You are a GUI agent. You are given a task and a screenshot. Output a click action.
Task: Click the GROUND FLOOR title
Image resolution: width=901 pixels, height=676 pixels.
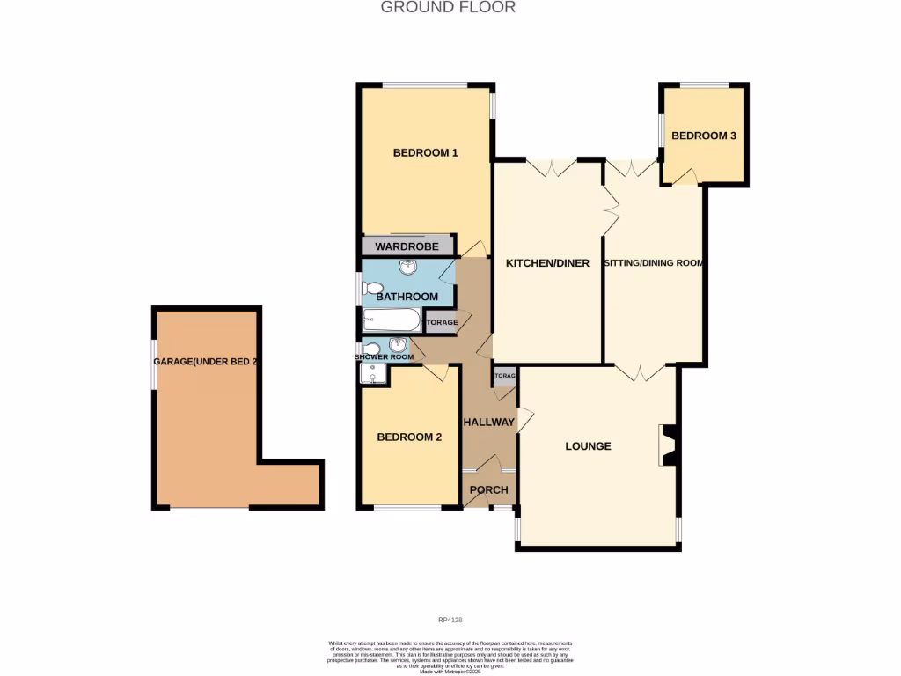[x=448, y=8]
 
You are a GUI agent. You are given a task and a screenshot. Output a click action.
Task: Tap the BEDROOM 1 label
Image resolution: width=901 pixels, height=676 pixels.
[x=425, y=152]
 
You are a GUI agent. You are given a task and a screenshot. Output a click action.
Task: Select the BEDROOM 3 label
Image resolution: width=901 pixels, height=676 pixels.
[x=703, y=136]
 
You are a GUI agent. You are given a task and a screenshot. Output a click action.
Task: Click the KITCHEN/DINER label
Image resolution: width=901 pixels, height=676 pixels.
[x=547, y=263]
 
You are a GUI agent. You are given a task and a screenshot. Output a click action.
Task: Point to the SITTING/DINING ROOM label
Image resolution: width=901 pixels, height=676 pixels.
[x=655, y=263]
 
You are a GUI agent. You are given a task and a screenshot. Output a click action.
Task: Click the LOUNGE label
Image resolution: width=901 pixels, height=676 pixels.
[x=588, y=446]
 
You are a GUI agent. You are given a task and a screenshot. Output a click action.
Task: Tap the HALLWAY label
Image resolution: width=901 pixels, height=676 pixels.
[x=488, y=422]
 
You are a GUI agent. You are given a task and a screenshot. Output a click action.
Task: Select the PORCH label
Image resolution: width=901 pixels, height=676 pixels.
[x=488, y=490]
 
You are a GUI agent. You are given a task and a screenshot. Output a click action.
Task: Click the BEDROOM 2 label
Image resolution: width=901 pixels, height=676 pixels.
[x=409, y=437]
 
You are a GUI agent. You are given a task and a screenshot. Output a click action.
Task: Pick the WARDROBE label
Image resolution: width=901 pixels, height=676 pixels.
[x=407, y=246]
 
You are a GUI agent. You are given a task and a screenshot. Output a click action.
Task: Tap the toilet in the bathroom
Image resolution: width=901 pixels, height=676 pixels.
[x=372, y=289]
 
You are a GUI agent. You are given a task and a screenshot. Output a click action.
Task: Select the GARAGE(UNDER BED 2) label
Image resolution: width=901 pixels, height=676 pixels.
[x=205, y=362]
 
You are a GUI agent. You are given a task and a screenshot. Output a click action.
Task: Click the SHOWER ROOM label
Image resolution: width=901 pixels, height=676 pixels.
[x=384, y=356]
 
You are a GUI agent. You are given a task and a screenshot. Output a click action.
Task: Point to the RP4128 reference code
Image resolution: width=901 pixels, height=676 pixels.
[x=450, y=621]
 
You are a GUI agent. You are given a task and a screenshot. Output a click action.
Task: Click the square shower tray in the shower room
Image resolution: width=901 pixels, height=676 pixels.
[x=373, y=376]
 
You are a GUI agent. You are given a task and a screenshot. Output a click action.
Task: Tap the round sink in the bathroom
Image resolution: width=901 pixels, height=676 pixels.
[x=408, y=268]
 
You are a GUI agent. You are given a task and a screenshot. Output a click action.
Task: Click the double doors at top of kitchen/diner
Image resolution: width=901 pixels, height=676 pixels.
[x=551, y=165]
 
